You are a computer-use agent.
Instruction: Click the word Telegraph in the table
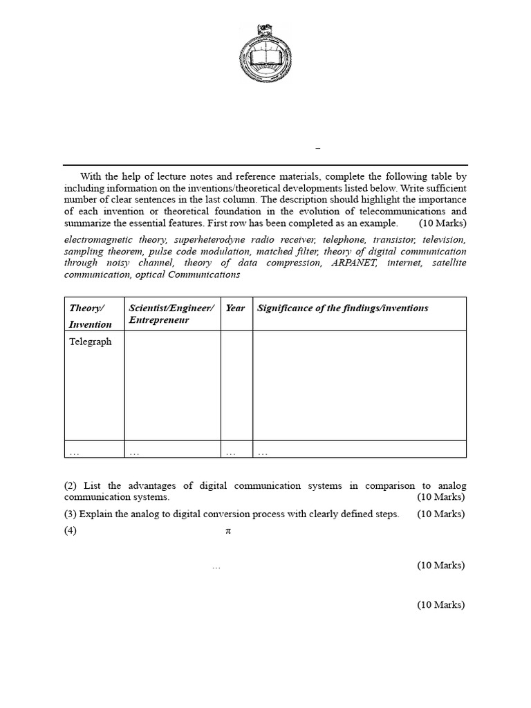pos(90,342)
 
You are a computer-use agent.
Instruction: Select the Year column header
pos(235,308)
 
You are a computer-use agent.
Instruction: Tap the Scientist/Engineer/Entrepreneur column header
pos(171,314)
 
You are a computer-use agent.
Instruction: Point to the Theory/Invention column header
pos(90,315)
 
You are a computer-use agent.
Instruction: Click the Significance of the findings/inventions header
pos(342,308)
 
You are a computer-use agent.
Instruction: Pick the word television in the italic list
pos(445,239)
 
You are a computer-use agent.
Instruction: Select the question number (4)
pos(70,531)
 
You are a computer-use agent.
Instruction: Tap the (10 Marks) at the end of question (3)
pos(440,514)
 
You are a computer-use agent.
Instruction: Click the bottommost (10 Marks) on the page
pos(440,605)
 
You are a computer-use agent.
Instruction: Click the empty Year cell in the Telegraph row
pos(236,385)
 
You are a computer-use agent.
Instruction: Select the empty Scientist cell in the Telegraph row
pos(172,385)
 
